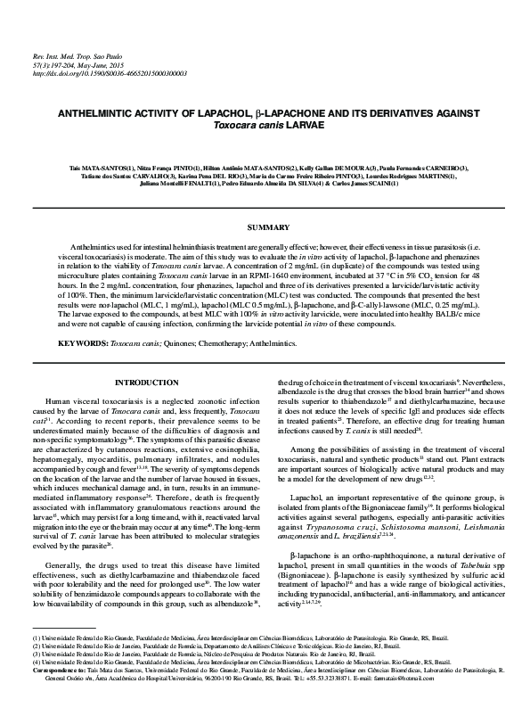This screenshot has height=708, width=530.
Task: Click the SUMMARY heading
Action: coord(264,229)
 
